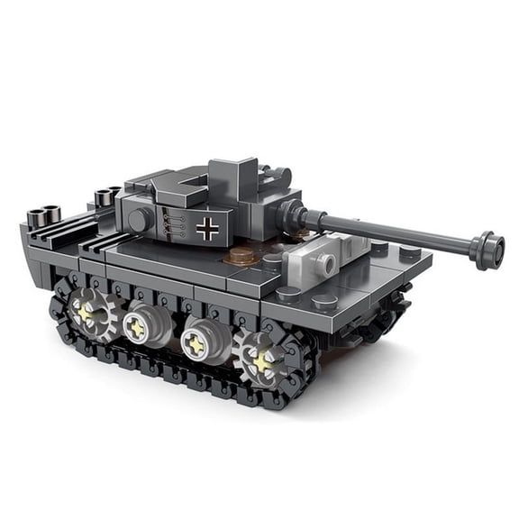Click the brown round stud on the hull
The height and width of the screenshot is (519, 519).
click(239, 258)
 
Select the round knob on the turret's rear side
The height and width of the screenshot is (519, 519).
click(139, 220)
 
